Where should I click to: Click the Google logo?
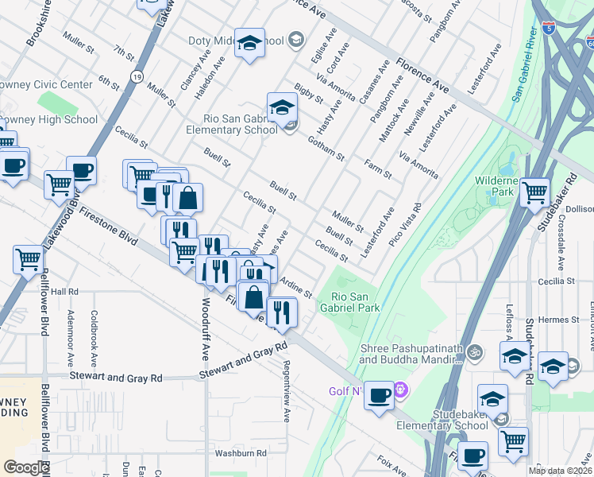(26, 467)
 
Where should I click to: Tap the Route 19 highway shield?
(137, 77)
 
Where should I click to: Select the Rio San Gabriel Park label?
(350, 302)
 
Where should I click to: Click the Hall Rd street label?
(64, 292)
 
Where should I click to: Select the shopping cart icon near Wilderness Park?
(535, 192)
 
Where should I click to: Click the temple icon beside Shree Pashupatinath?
(475, 350)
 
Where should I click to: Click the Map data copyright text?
(561, 471)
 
